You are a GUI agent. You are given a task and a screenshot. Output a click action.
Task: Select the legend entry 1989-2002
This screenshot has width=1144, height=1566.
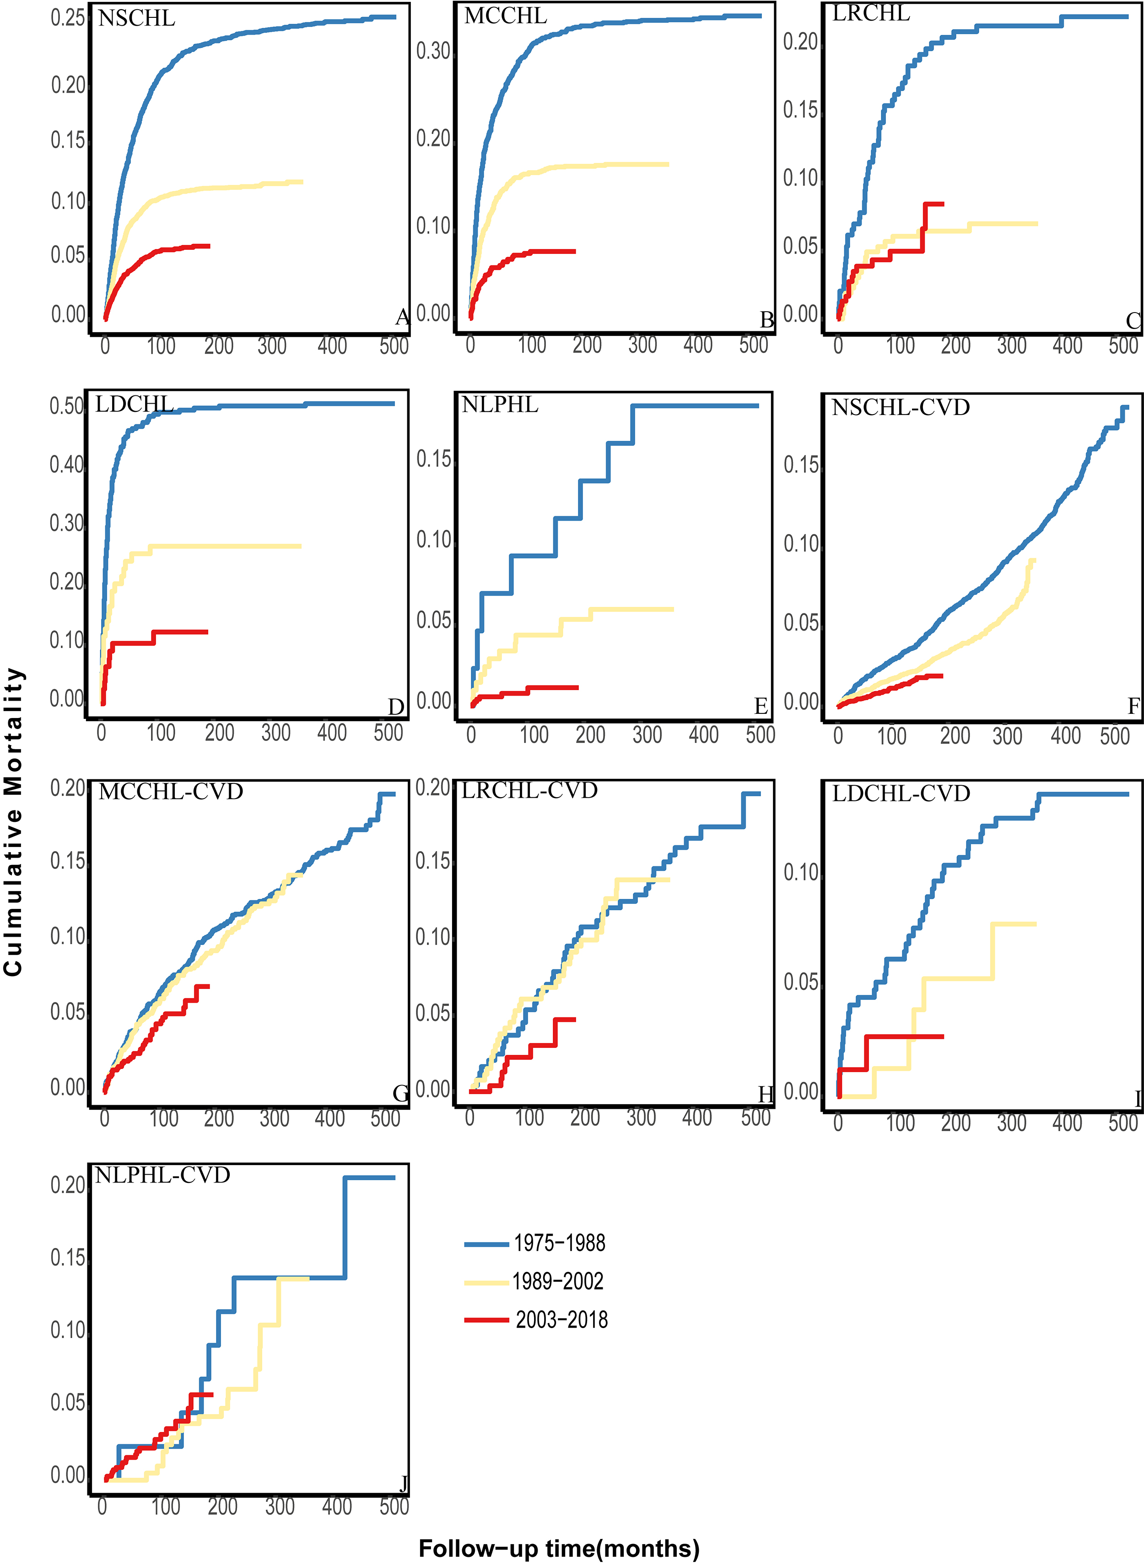557,1281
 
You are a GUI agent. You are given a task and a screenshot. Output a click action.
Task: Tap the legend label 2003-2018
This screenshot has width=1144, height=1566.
561,1319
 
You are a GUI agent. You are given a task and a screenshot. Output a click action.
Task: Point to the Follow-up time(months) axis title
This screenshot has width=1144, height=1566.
559,1548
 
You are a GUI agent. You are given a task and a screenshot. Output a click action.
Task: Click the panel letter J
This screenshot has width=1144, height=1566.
403,1484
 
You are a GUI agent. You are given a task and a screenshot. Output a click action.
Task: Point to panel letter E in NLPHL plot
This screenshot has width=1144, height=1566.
761,707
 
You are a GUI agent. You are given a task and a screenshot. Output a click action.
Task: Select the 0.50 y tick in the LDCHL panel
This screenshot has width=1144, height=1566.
66,406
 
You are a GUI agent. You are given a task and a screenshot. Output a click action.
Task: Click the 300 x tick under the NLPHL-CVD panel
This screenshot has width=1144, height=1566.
280,1507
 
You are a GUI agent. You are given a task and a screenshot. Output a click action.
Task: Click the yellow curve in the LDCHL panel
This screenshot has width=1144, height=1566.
228,546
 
